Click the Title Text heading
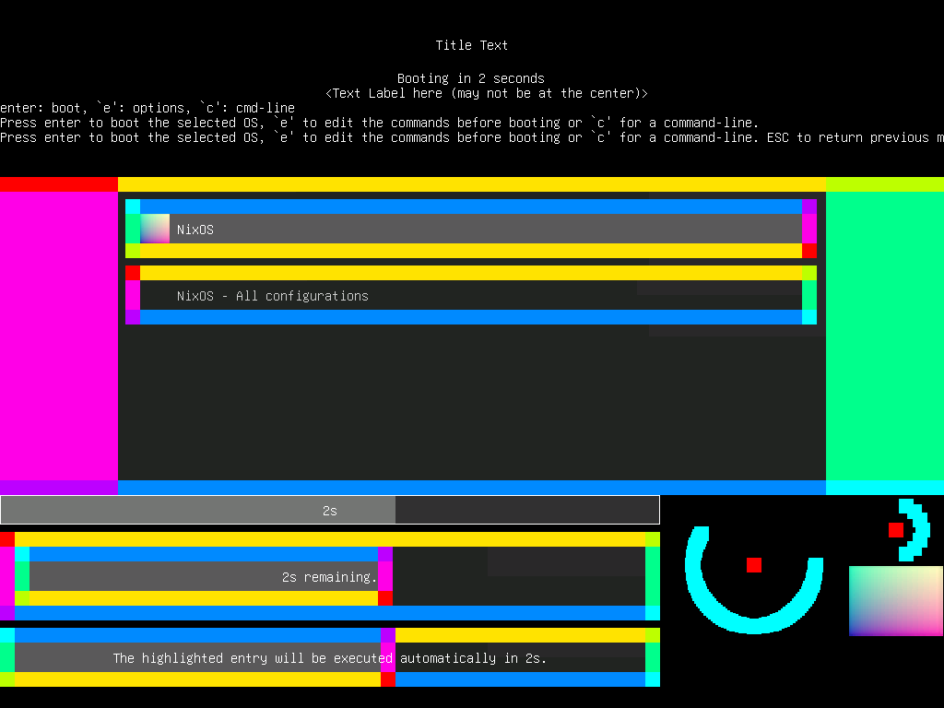[471, 45]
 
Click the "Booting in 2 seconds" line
[470, 78]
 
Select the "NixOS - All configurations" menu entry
[272, 296]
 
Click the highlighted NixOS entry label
[195, 229]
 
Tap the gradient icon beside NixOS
[155, 229]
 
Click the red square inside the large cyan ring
[754, 565]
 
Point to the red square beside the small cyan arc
[895, 530]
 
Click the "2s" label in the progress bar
[329, 510]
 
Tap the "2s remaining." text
[329, 577]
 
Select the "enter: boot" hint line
[147, 108]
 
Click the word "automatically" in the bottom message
[448, 658]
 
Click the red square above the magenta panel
[58, 184]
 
